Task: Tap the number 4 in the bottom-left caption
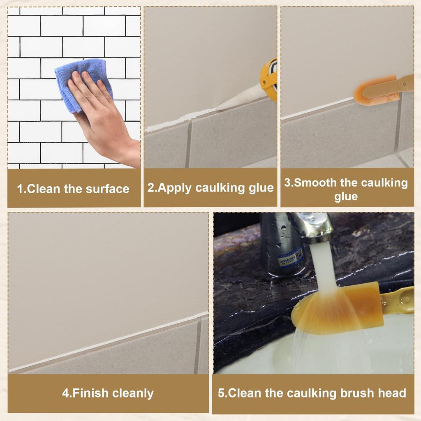(65, 393)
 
